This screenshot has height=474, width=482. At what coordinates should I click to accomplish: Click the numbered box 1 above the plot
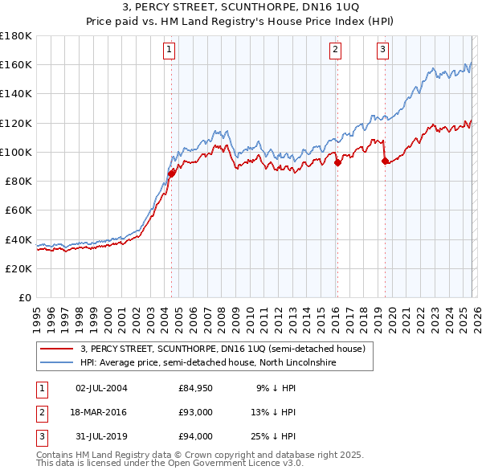(170, 50)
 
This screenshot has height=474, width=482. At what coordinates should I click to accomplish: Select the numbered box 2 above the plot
(335, 50)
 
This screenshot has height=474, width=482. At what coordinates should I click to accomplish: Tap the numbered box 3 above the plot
(382, 50)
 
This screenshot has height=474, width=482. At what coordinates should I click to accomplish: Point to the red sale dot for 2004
(171, 173)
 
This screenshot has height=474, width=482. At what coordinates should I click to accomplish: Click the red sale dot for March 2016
(337, 162)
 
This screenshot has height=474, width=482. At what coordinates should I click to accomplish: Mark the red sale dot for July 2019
(385, 161)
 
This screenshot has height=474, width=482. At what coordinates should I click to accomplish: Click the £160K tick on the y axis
(16, 65)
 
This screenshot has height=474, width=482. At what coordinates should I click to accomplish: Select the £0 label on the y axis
(24, 298)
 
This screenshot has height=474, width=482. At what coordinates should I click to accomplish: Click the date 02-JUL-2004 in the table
(101, 388)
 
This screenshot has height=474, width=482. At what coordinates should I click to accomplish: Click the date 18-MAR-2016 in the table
(101, 412)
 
